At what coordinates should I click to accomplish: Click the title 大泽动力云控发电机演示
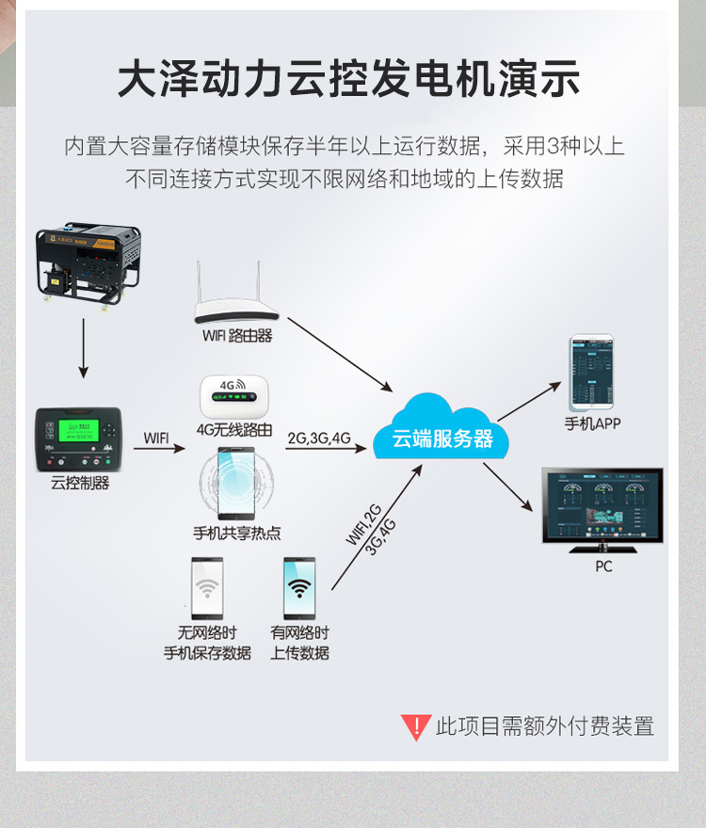pyautogui.click(x=348, y=79)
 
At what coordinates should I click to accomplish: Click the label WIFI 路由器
pyautogui.click(x=237, y=336)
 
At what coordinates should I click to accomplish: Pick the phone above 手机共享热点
pyautogui.click(x=236, y=483)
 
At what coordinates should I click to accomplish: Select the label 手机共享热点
pyautogui.click(x=237, y=533)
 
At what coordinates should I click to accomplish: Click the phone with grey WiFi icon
pyautogui.click(x=207, y=589)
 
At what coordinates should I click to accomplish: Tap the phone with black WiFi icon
pyautogui.click(x=299, y=589)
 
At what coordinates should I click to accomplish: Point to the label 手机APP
pyautogui.click(x=592, y=423)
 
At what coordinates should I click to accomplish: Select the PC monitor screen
pyautogui.click(x=602, y=506)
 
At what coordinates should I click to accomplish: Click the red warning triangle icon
pyautogui.click(x=415, y=726)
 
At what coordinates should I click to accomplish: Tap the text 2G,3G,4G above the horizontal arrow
pyautogui.click(x=319, y=438)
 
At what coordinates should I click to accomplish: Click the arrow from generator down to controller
pyautogui.click(x=83, y=348)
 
